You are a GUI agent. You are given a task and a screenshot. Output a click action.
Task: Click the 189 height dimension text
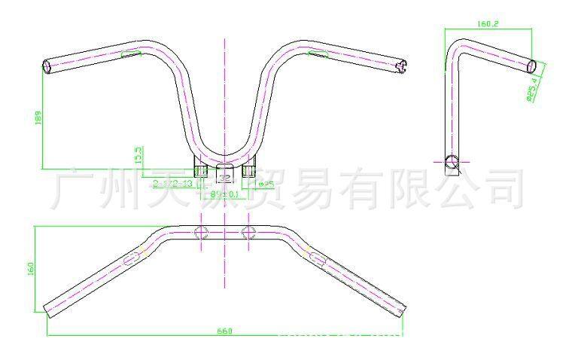38,117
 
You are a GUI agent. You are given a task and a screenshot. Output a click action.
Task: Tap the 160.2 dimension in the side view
488,24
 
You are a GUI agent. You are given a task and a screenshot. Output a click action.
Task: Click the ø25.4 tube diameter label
531,89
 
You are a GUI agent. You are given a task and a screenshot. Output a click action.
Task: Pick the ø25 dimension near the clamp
266,183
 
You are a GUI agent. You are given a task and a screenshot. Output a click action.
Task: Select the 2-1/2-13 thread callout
173,183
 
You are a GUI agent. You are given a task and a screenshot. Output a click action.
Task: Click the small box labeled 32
224,176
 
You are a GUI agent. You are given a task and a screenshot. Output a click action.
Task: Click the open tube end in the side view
531,66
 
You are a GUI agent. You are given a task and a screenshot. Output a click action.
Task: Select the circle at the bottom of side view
452,161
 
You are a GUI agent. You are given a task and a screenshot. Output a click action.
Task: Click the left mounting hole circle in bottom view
201,233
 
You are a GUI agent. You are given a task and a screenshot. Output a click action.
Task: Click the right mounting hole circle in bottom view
248,233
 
